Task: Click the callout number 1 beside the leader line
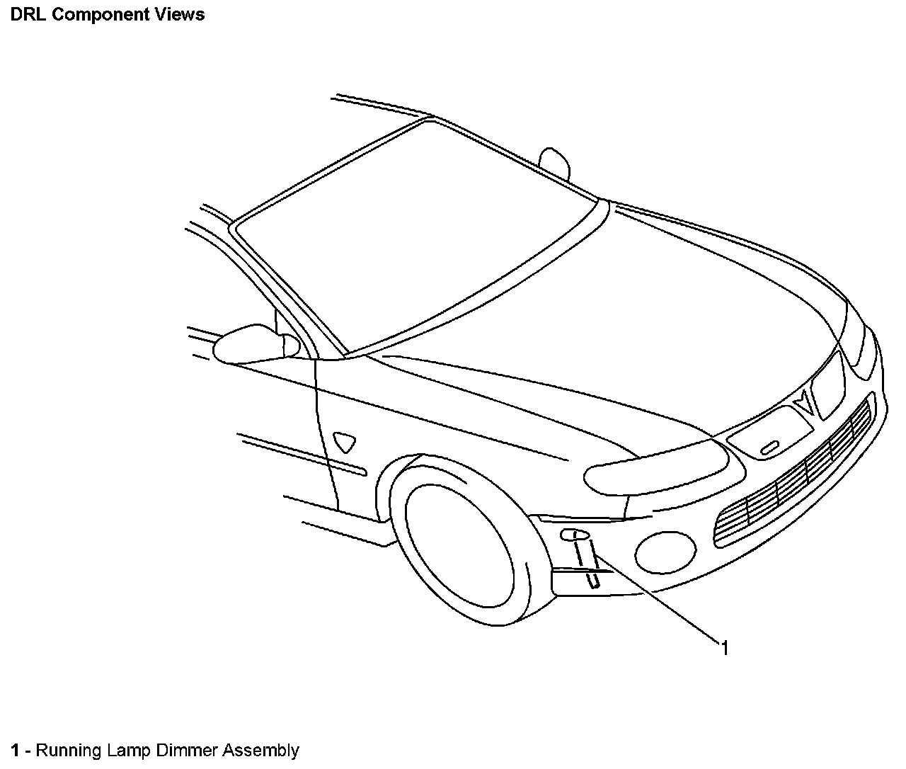click(725, 647)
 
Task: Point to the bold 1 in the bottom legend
click(16, 751)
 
